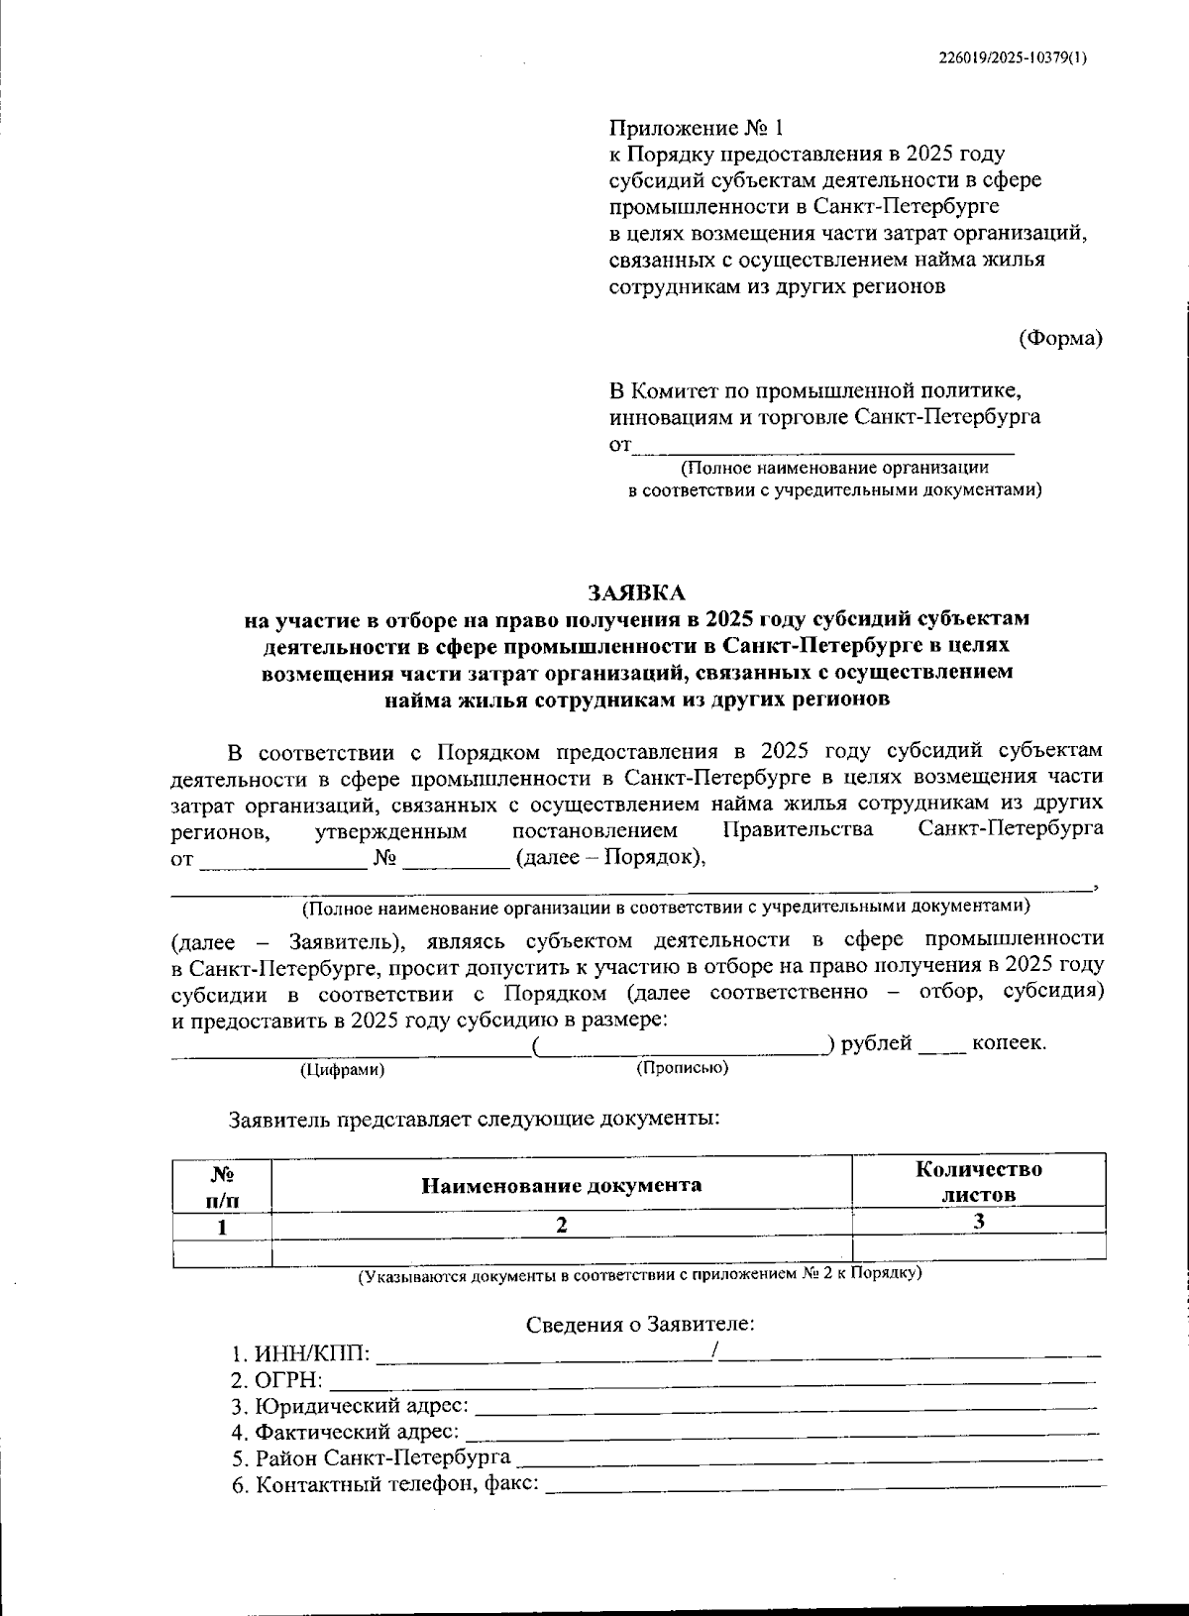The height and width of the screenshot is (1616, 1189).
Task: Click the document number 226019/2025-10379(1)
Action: (1012, 57)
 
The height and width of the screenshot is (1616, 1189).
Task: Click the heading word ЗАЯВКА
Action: (636, 593)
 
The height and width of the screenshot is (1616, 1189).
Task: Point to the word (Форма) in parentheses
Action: (1060, 337)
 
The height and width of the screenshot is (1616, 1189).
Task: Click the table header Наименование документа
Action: (562, 1184)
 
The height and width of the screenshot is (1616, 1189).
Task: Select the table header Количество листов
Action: (978, 1181)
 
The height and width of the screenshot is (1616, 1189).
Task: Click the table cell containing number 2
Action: (562, 1224)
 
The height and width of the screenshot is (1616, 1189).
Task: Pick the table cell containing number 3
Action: (978, 1222)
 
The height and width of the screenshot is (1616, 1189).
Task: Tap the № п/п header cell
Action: (222, 1185)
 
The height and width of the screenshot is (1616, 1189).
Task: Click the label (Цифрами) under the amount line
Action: (343, 1070)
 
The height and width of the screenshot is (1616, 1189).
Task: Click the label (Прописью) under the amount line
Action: (682, 1068)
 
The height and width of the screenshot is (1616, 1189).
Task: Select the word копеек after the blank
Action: (1008, 1043)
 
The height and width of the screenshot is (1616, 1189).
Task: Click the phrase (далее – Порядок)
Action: (609, 858)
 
